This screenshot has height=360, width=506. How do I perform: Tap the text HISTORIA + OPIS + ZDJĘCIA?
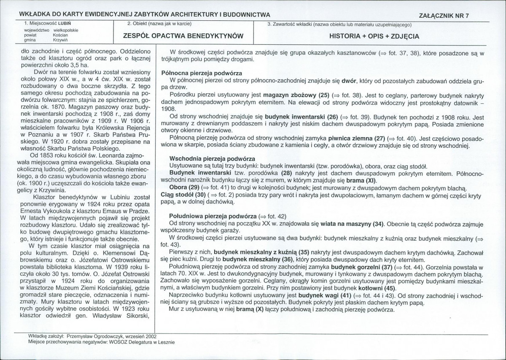(x=374, y=36)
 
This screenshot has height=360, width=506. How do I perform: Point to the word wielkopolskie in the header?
(x=68, y=30)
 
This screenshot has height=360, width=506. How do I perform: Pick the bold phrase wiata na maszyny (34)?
(x=351, y=223)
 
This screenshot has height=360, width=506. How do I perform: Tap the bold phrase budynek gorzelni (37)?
(x=362, y=267)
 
